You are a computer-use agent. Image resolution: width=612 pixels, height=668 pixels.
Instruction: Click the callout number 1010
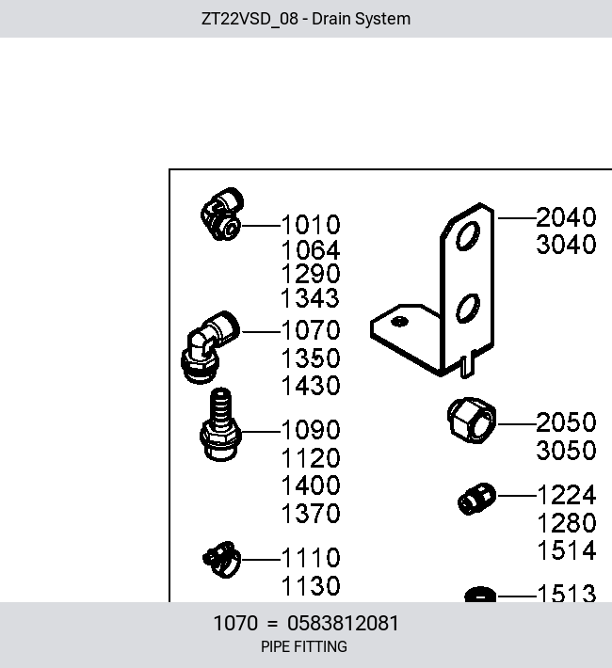click(311, 225)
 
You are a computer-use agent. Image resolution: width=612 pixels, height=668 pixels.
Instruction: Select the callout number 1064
click(311, 249)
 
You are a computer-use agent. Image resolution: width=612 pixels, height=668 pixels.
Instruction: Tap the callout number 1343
click(310, 298)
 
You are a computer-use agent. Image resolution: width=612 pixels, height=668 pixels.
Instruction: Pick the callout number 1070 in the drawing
click(311, 330)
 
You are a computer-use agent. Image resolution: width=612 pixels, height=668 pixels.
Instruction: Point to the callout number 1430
click(311, 386)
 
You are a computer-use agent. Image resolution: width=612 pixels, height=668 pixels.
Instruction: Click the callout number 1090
click(311, 429)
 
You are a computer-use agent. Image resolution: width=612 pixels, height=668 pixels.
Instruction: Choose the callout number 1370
click(311, 514)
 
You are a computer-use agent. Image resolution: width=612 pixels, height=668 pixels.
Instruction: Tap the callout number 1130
click(311, 586)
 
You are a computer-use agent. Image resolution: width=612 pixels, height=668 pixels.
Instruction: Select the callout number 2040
click(566, 217)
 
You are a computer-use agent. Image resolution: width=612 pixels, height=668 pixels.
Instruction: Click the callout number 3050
click(566, 451)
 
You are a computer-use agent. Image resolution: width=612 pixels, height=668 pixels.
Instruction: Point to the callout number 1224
click(567, 495)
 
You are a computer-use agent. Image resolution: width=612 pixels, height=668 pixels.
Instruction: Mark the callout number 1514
click(567, 550)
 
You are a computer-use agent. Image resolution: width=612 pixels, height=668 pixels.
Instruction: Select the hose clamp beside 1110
click(221, 560)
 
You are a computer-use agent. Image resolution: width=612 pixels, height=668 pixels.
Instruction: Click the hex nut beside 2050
click(472, 420)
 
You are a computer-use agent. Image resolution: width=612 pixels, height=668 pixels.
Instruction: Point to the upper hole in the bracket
click(468, 235)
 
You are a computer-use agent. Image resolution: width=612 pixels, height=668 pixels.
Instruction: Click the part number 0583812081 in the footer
click(343, 623)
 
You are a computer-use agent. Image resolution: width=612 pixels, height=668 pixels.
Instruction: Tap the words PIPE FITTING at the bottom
click(304, 646)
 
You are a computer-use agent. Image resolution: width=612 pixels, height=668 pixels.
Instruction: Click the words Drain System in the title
click(362, 19)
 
